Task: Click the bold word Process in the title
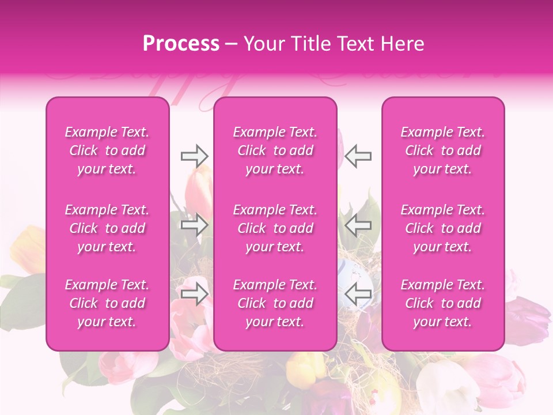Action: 181,44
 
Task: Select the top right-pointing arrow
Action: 195,156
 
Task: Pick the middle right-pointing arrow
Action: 195,224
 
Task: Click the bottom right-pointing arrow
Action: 195,293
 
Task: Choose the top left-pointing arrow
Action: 358,156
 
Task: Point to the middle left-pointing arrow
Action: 358,224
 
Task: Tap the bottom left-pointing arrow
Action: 358,293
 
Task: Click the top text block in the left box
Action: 107,150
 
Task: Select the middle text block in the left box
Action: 107,228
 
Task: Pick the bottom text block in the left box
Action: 107,303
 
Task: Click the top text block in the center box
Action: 275,150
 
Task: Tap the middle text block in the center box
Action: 275,228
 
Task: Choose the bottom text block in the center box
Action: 275,303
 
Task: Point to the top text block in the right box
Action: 443,150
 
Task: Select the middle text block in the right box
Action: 443,228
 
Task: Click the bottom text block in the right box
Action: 443,303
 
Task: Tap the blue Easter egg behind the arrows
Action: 351,271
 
